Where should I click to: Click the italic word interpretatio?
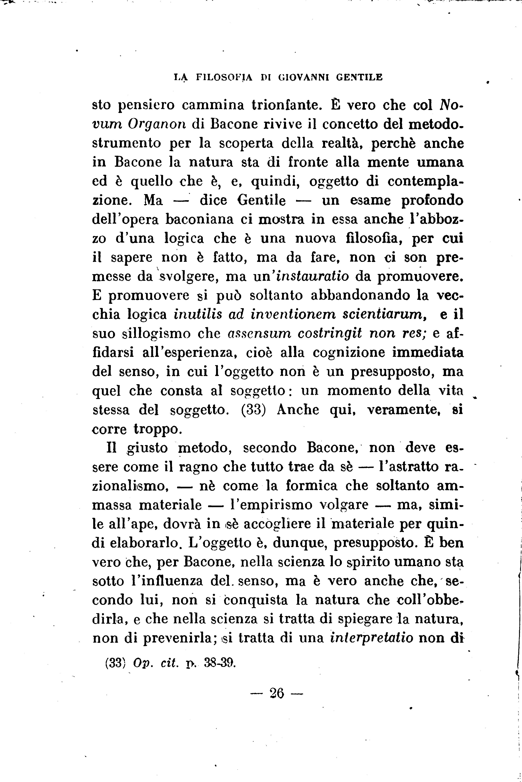pyautogui.click(x=372, y=638)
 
